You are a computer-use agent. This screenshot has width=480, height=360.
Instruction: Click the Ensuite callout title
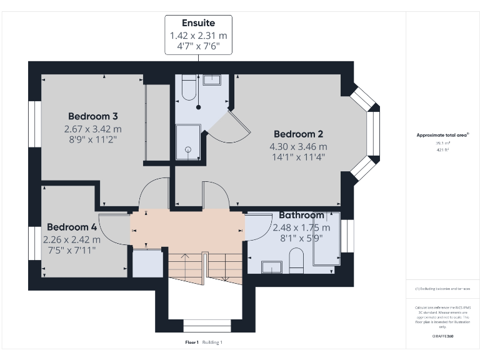(x=198, y=24)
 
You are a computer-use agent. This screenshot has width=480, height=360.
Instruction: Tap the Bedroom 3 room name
(x=93, y=116)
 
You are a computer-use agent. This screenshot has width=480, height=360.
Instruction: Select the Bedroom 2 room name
(x=298, y=134)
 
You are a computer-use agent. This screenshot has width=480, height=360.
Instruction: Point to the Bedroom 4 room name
(x=72, y=227)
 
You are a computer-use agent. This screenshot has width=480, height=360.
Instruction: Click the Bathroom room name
(x=301, y=215)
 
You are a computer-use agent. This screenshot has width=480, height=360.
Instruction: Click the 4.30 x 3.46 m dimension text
(x=298, y=146)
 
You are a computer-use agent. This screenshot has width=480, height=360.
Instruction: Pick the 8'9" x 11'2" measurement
(x=93, y=139)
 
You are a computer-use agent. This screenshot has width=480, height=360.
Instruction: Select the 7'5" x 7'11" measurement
(x=72, y=249)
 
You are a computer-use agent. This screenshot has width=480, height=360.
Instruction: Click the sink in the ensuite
(x=212, y=79)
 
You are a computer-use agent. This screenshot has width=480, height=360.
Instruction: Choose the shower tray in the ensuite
(x=187, y=141)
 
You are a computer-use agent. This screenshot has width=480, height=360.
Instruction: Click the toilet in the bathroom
(x=296, y=259)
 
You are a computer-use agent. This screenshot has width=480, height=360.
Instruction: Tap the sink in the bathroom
(x=272, y=267)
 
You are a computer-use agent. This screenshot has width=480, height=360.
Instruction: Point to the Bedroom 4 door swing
(x=112, y=231)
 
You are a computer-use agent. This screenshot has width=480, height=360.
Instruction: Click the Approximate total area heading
(x=442, y=135)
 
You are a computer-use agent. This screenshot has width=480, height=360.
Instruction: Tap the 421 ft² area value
(x=442, y=150)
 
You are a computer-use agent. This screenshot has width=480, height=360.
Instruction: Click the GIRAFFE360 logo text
(x=442, y=336)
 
